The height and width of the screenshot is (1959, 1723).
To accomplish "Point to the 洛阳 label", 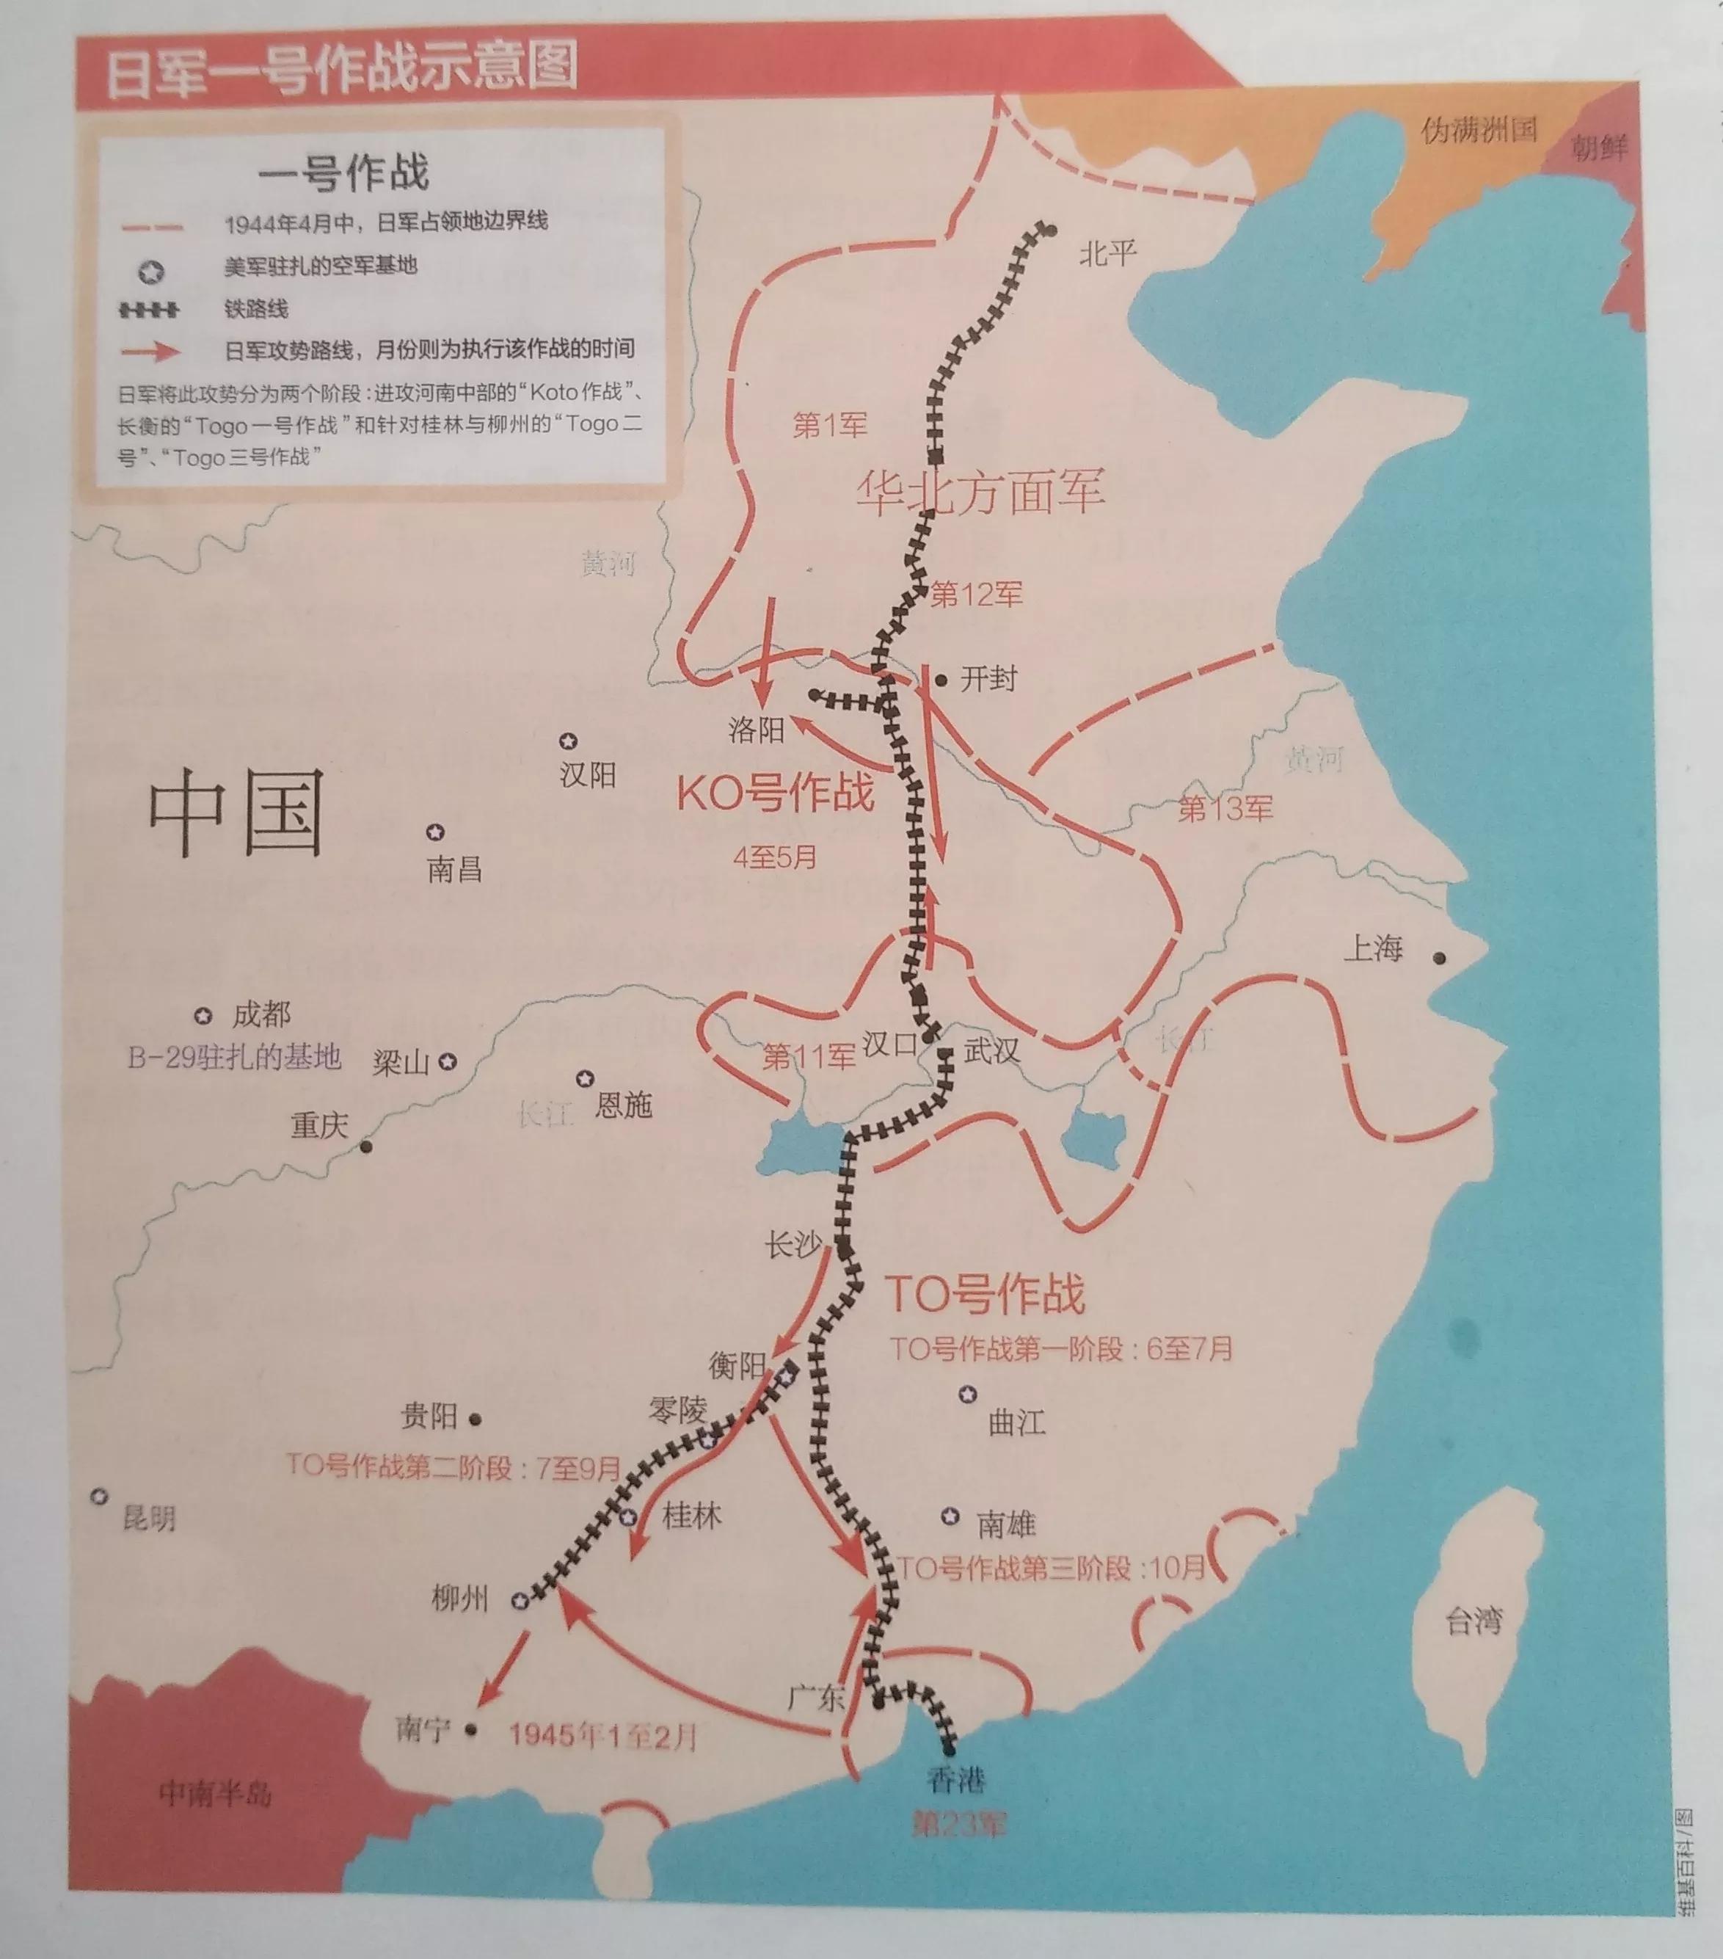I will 756,730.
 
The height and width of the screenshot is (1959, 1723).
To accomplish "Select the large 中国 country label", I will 236,814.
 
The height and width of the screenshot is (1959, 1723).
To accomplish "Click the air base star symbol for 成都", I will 203,1015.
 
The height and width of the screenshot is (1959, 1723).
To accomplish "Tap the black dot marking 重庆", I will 366,1146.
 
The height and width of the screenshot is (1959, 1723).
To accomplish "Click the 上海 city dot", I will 1438,957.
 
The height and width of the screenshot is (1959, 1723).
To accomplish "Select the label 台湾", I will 1473,1621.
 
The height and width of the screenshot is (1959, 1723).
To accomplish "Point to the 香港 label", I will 955,1780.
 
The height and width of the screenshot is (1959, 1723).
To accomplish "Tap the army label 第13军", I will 1225,809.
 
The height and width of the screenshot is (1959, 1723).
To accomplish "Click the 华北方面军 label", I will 980,491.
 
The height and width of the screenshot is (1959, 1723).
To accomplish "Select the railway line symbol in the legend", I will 150,310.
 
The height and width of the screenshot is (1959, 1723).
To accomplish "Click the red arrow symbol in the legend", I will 151,351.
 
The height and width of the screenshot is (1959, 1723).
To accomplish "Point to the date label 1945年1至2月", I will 602,1736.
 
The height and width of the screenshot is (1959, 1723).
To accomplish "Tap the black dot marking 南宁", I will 470,1730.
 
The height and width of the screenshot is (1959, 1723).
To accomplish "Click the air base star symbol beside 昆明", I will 99,1496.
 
